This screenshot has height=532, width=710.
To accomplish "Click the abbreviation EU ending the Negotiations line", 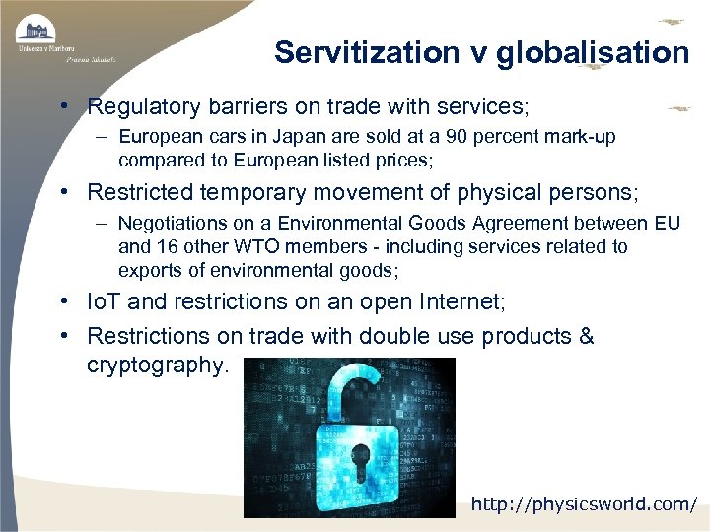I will point(667,224).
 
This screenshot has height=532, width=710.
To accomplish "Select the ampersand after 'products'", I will point(586,337).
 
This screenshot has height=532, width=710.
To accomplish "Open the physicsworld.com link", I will point(584,504).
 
